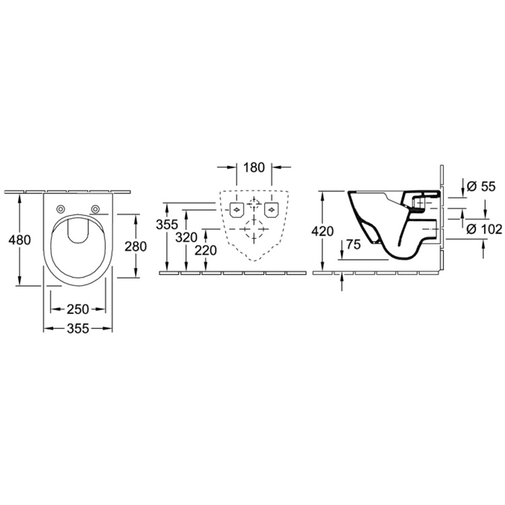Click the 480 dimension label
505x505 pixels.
pos(19,240)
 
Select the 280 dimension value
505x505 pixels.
pos(136,247)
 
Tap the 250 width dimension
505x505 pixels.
pos(78,309)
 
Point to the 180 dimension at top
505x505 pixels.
pos(254,167)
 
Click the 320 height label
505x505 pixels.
pos(186,237)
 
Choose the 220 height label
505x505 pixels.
pos(206,250)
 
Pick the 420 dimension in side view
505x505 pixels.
pos(322,232)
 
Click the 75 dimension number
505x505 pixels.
pos(353,245)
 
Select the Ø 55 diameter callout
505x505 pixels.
pos(480,186)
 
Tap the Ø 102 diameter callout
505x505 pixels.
pos(484,229)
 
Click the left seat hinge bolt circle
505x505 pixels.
pos(60,209)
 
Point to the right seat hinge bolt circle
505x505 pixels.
pos(95,209)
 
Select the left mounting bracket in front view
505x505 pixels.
pos(237,210)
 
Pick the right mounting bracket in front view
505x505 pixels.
pos(271,210)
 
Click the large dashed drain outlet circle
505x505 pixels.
pos(254,229)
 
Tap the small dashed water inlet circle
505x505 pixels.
pos(254,204)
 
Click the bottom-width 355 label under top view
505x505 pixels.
pos(78,328)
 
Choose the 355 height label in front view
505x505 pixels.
pos(167,224)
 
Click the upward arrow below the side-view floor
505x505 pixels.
pos(342,283)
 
